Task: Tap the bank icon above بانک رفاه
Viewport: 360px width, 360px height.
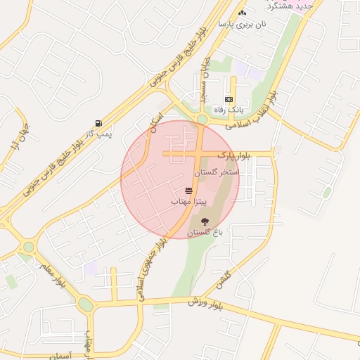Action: (229, 100)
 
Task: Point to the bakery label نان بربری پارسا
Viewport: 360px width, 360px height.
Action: (243, 24)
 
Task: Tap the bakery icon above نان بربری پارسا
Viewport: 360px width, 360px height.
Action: (243, 13)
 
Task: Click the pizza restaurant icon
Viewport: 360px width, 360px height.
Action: (188, 191)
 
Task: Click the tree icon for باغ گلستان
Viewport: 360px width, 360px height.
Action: (205, 221)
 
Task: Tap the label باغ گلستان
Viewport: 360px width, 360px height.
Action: (205, 231)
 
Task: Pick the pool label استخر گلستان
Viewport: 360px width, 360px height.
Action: (217, 172)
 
